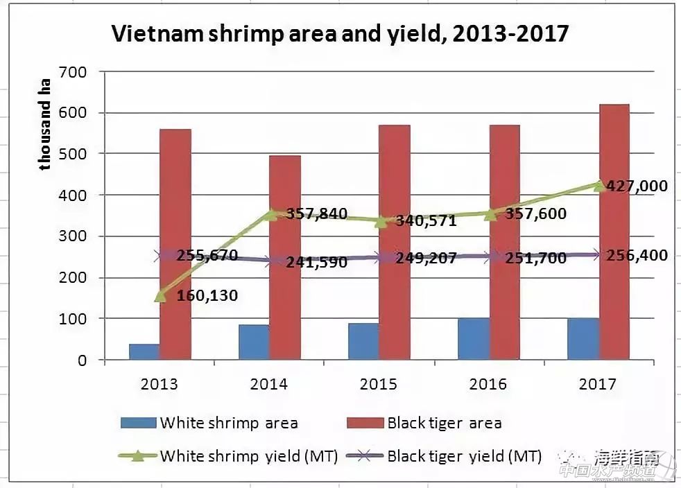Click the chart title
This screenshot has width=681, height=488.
(340, 33)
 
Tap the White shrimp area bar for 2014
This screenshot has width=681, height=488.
(254, 342)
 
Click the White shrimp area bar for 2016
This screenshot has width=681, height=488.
(474, 339)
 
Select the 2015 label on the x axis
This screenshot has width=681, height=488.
(379, 384)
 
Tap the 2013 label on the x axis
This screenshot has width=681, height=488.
(159, 384)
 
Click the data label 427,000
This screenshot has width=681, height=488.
(637, 186)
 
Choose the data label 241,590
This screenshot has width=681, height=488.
(316, 263)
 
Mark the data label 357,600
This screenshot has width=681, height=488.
(535, 214)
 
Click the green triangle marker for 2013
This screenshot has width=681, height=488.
(160, 296)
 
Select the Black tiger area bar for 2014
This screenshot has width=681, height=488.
(284, 257)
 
